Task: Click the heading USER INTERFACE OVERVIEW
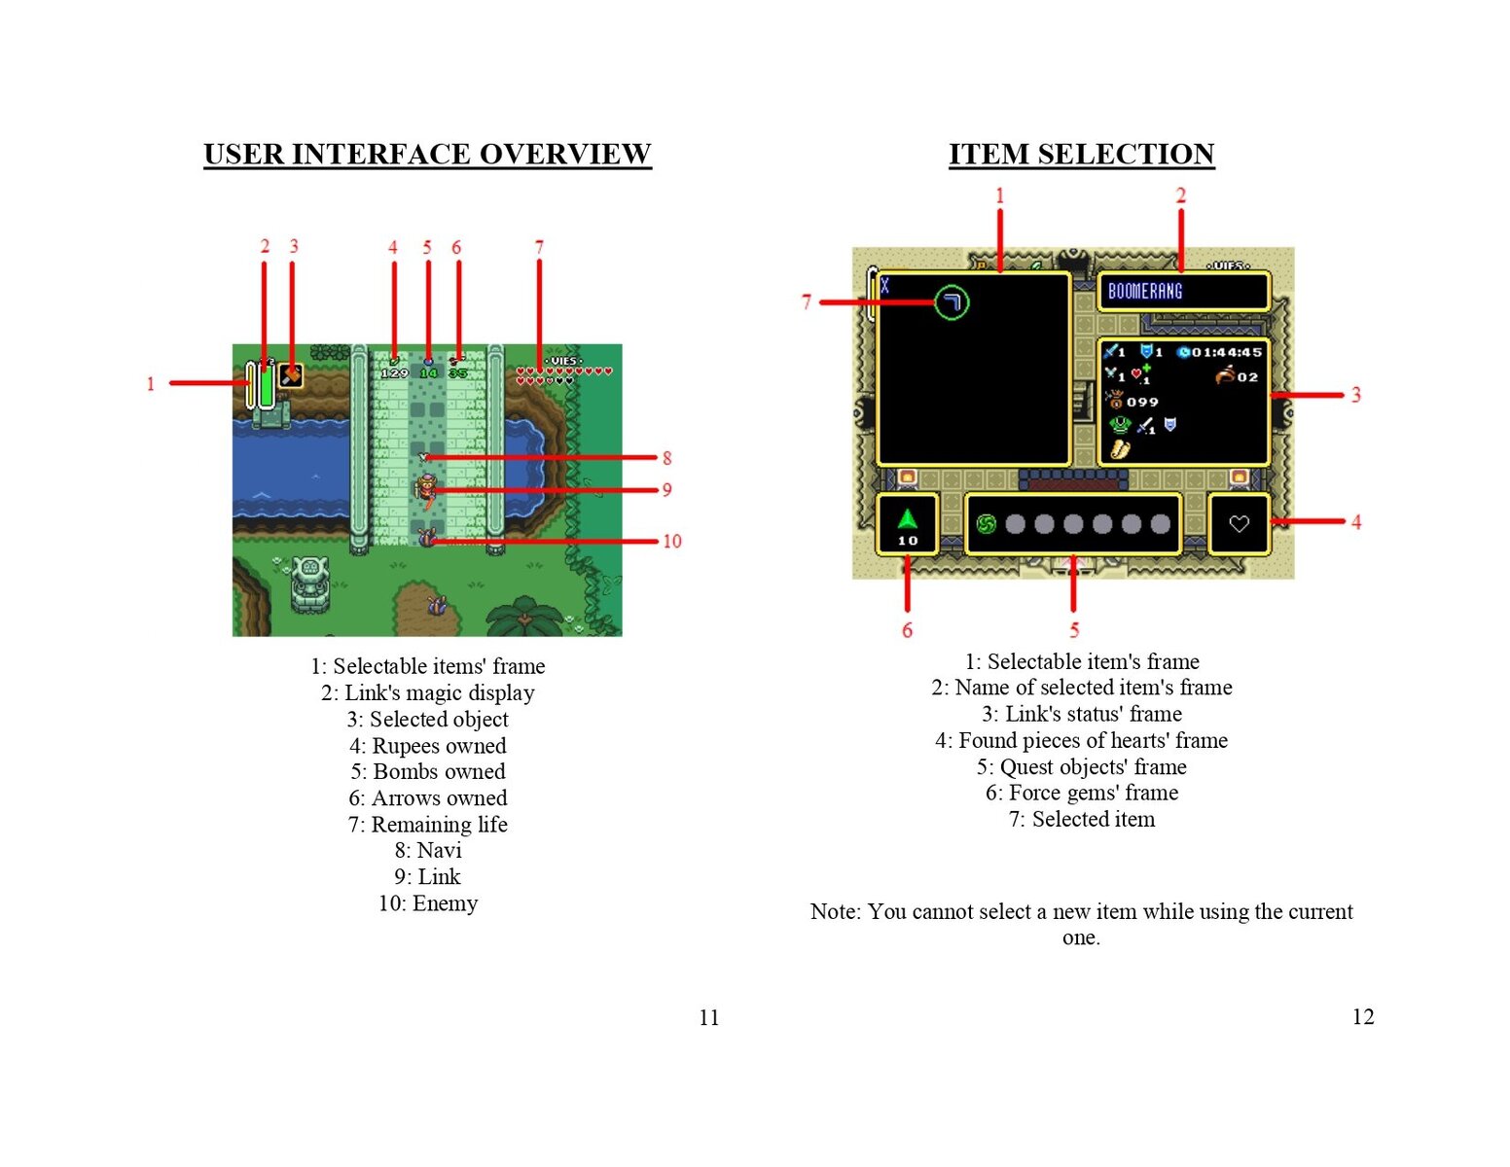[427, 154]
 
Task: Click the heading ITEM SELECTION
[1081, 154]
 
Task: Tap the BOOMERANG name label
[1145, 291]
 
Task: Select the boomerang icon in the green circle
[952, 302]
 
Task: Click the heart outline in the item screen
[1239, 524]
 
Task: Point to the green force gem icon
[907, 519]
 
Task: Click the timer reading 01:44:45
[1226, 352]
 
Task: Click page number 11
[708, 1017]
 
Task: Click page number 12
[1362, 1016]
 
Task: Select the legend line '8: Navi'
[428, 850]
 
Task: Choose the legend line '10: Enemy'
[428, 903]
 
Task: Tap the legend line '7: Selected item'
[1081, 819]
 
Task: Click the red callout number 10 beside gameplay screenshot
[671, 541]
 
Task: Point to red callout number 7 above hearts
[539, 247]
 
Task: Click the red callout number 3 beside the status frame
[1355, 395]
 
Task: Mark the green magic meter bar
[266, 386]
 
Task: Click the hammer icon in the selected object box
[290, 375]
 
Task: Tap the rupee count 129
[394, 372]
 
